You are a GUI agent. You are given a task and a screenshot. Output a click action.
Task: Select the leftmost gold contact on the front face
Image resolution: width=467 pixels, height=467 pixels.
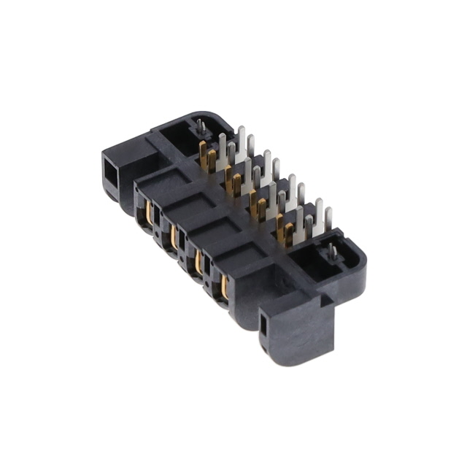click(150, 215)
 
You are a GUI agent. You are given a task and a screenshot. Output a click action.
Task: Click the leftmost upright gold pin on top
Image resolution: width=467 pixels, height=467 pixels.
click(203, 153)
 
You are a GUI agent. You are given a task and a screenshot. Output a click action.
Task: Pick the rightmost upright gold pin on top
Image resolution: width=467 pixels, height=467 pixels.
click(289, 233)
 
